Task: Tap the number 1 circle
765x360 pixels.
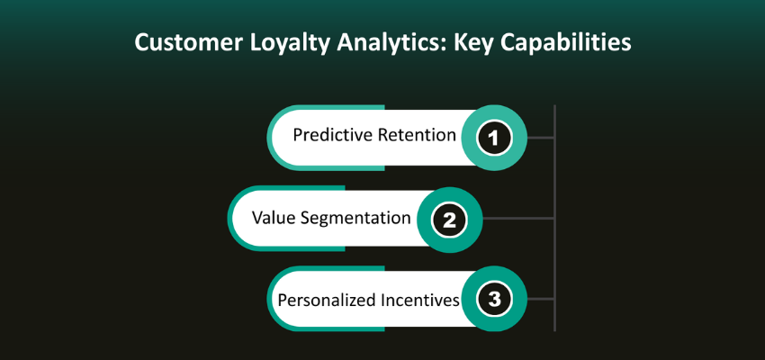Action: tap(493, 138)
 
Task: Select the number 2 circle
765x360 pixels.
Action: tap(448, 219)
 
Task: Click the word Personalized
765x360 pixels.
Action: tap(322, 299)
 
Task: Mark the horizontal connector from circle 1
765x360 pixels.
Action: tap(540, 138)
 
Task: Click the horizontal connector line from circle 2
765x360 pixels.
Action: tap(518, 219)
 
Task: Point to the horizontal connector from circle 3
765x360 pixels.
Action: tap(540, 300)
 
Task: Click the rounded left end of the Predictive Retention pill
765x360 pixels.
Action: tap(280, 138)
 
